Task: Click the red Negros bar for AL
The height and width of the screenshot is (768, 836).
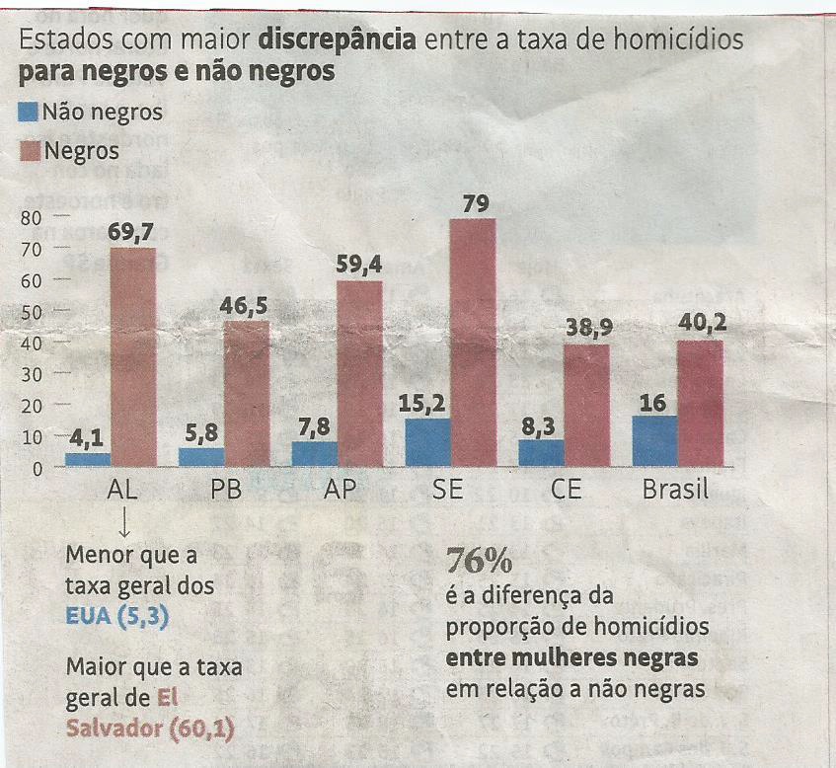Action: [x=132, y=356]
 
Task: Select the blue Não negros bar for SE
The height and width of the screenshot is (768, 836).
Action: [x=427, y=442]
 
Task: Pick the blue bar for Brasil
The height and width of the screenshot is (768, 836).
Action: [x=654, y=440]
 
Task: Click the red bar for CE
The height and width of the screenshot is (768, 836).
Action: [x=586, y=405]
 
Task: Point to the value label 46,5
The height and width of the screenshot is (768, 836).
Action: [x=246, y=305]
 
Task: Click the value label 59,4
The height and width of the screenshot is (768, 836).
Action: [x=359, y=265]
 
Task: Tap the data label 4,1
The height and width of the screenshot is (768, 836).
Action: [x=88, y=437]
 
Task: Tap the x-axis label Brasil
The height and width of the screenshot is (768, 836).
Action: [x=675, y=490]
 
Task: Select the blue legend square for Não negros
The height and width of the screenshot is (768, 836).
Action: [x=29, y=112]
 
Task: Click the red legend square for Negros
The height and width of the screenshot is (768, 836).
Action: [x=29, y=150]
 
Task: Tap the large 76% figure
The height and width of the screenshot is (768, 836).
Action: [x=479, y=561]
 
